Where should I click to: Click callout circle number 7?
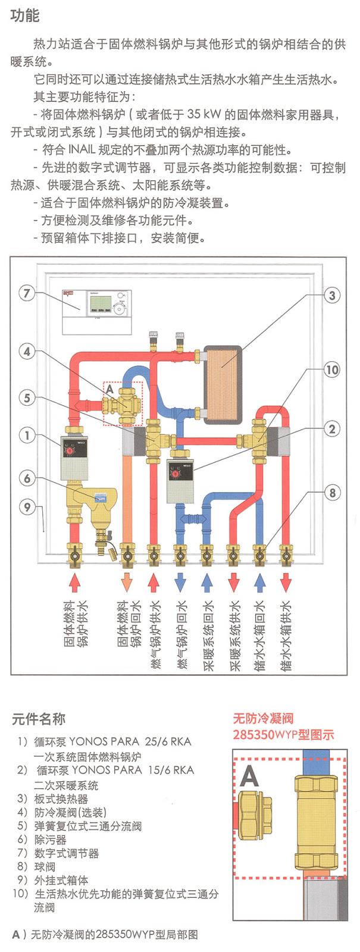[27, 293]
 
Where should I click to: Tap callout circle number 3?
[332, 295]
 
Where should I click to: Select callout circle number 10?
[332, 369]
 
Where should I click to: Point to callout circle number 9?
[27, 507]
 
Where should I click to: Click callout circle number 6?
[27, 477]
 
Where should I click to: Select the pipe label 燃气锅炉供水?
[154, 636]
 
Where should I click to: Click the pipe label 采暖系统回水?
[207, 636]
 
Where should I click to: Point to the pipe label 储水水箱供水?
[286, 636]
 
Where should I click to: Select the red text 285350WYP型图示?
[283, 734]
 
